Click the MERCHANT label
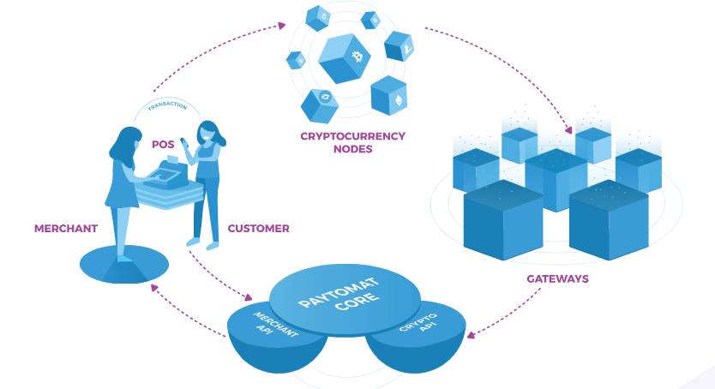click(x=66, y=228)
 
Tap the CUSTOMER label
click(x=259, y=228)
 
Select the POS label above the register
click(x=163, y=145)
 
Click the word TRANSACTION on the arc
click(x=167, y=105)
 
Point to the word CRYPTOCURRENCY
click(x=353, y=136)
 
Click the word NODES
click(x=353, y=149)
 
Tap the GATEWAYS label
click(x=557, y=278)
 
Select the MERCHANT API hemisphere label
click(x=273, y=326)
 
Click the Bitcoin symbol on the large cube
click(x=357, y=57)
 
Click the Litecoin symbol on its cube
click(x=408, y=48)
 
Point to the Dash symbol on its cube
click(x=326, y=97)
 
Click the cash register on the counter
click(x=166, y=173)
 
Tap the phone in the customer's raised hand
click(x=183, y=142)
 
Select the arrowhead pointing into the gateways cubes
click(x=568, y=130)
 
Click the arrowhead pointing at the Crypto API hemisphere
click(x=471, y=335)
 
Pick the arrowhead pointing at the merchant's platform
click(x=154, y=288)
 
